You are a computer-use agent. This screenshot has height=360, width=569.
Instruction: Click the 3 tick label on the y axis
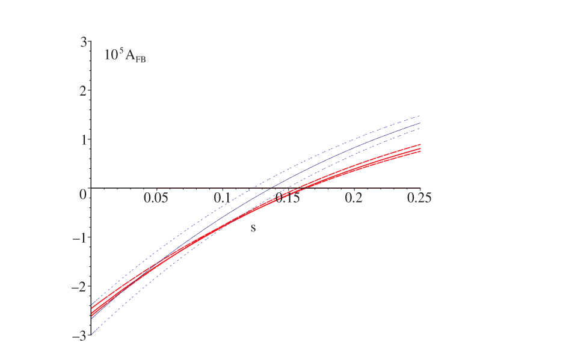[x=84, y=42]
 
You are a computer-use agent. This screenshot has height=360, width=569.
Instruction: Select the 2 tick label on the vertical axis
[x=84, y=91]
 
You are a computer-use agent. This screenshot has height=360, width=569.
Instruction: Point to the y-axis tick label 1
[x=84, y=140]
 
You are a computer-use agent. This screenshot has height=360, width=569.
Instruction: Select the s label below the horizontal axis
[x=253, y=228]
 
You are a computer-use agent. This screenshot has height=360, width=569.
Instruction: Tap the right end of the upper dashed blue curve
[x=420, y=115]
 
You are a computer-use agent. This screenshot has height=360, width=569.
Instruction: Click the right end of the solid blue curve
[x=420, y=123]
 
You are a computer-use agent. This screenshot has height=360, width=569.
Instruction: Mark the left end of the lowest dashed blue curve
[x=91, y=334]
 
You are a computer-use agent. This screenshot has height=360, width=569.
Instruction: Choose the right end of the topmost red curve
[x=420, y=144]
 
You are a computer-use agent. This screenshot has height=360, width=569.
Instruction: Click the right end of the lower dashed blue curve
[x=420, y=129]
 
